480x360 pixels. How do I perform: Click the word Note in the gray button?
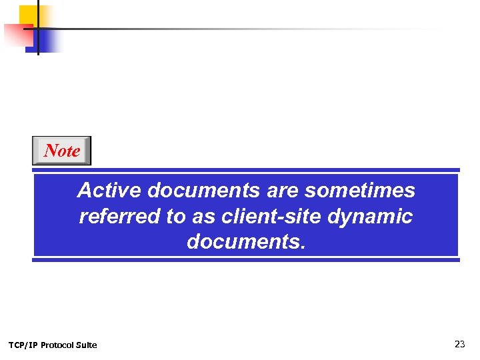[62, 151]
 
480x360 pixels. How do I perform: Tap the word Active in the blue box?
[109, 191]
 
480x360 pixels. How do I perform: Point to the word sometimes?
[360, 191]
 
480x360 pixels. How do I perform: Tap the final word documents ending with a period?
[246, 242]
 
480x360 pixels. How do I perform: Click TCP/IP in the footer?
[23, 345]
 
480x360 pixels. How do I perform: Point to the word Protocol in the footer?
[58, 345]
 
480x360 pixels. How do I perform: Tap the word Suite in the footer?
[87, 345]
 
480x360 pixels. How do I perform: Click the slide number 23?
[459, 344]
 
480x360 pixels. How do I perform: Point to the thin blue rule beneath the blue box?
[246, 260]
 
